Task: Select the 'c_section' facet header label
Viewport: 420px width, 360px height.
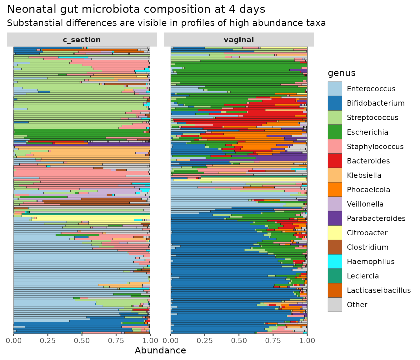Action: click(82, 40)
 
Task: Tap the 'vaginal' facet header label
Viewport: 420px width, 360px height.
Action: click(239, 40)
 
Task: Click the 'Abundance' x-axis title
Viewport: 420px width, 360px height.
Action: click(160, 350)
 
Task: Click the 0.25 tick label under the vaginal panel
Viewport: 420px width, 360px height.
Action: click(205, 341)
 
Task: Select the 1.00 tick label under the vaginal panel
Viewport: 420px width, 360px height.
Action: click(307, 341)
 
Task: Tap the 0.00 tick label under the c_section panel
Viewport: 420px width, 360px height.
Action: click(14, 341)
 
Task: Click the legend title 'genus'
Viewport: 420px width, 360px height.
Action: click(342, 73)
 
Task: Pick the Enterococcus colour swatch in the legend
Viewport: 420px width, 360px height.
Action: click(335, 89)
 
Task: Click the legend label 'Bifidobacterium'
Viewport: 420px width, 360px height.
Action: click(376, 103)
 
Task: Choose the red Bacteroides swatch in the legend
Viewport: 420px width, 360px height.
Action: click(335, 161)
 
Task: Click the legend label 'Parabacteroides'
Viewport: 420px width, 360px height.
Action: click(376, 218)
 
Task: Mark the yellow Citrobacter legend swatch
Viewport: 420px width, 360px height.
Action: click(335, 233)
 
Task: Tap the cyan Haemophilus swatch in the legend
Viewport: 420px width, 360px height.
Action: click(335, 262)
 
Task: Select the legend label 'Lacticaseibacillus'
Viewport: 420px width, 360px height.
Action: click(379, 290)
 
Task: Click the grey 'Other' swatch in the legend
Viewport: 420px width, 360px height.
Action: click(335, 305)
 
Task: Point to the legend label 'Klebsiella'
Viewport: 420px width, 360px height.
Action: click(364, 175)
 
